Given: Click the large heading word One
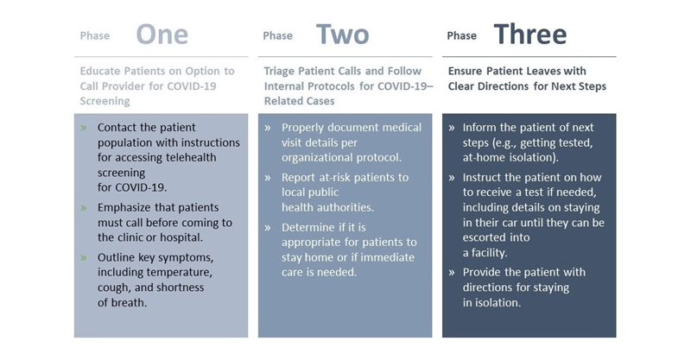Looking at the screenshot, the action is click(x=162, y=35).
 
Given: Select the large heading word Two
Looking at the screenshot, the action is click(x=342, y=35).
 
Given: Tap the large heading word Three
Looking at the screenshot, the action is click(x=530, y=35).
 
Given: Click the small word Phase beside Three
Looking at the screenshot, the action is click(x=461, y=35).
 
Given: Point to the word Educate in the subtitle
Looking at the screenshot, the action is click(x=100, y=71).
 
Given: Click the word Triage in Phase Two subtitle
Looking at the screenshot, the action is click(x=279, y=71).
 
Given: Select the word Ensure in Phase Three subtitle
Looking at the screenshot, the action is click(x=465, y=71).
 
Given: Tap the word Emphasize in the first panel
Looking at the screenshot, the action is click(x=124, y=207).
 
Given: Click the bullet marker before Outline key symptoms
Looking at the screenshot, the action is click(x=84, y=257).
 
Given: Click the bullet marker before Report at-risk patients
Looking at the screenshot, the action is click(x=268, y=178).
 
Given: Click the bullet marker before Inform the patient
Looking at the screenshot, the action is click(x=452, y=128).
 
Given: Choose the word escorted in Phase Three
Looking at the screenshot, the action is click(x=485, y=237).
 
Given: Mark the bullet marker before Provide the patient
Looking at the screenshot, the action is click(x=452, y=272).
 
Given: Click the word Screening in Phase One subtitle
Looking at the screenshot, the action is click(x=105, y=101).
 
